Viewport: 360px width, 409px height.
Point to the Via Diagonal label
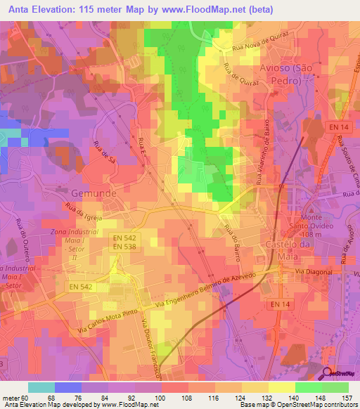pos(311,270)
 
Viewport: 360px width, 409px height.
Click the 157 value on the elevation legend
pos(346,398)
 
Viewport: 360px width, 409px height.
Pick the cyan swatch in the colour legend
pos(41,388)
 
